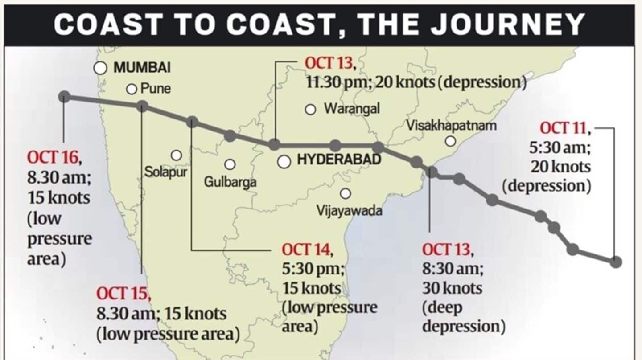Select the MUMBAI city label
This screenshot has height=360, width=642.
pyautogui.click(x=142, y=68)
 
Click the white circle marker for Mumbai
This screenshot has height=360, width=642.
pyautogui.click(x=101, y=68)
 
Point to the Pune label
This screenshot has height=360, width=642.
pyautogui.click(x=156, y=88)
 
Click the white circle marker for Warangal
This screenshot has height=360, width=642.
pyautogui.click(x=311, y=110)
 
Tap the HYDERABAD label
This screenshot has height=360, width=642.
pyautogui.click(x=339, y=160)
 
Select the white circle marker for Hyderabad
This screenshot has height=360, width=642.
pyautogui.click(x=284, y=162)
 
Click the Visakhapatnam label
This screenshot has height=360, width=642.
pyautogui.click(x=451, y=126)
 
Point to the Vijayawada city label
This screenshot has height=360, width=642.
pyautogui.click(x=349, y=210)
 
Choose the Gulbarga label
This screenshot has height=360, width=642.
pyautogui.click(x=230, y=182)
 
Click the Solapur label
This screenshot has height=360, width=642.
pyautogui.click(x=165, y=172)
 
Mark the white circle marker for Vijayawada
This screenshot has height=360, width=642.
pyautogui.click(x=345, y=194)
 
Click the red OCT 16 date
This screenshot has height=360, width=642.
pyautogui.click(x=53, y=157)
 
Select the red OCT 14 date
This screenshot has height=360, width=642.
pyautogui.click(x=307, y=250)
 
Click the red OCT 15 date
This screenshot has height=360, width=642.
pyautogui.click(x=123, y=294)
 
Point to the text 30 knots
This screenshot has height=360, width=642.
pyautogui.click(x=452, y=288)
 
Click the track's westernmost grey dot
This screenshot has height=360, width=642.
pyautogui.click(x=64, y=97)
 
